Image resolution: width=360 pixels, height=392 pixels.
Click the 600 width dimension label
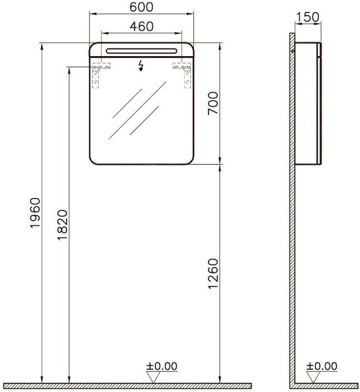coord(141,7)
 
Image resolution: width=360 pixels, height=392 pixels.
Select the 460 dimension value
coord(142,26)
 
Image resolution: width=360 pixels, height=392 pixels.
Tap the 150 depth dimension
coord(308,17)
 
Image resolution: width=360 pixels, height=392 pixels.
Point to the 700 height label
coord(213,103)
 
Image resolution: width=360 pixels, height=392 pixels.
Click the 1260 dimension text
coord(213,274)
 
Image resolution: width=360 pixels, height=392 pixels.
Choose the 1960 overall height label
coord(35,213)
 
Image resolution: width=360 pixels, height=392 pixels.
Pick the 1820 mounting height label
coord(63,225)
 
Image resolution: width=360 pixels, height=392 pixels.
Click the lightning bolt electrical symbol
coord(141,66)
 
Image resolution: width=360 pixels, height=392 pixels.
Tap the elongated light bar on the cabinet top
coord(142,51)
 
